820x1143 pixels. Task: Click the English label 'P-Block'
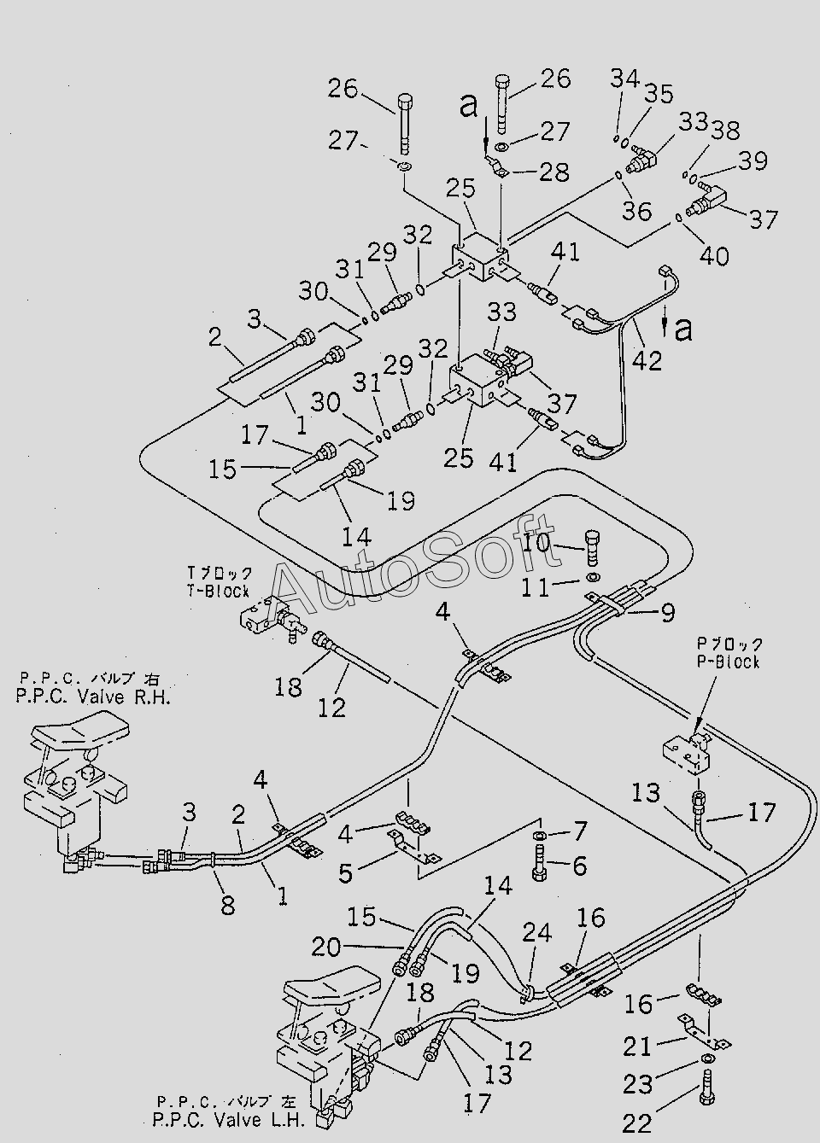tap(728, 662)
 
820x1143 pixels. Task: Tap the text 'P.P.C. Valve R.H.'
tap(93, 697)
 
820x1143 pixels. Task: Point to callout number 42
tap(647, 361)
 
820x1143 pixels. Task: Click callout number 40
tap(714, 255)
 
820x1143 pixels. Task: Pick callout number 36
tap(636, 210)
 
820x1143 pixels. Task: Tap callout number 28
tap(554, 172)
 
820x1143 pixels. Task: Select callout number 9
tap(668, 612)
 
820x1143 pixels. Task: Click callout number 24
tap(537, 933)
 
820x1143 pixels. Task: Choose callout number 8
tap(227, 905)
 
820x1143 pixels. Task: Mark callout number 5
tap(346, 872)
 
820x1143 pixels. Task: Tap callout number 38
tap(725, 131)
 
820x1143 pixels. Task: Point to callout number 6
tap(579, 866)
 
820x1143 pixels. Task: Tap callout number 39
tap(753, 160)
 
